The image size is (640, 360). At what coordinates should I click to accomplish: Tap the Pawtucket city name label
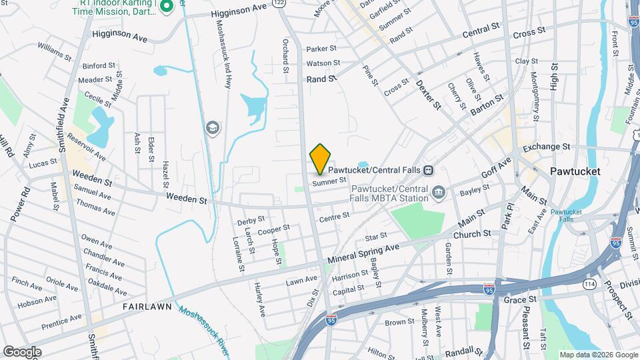575,171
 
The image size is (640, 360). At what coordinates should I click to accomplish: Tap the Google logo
22,351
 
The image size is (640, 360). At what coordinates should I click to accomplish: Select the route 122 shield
279,3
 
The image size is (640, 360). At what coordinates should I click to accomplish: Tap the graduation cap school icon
213,128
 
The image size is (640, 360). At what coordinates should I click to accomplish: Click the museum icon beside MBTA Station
439,193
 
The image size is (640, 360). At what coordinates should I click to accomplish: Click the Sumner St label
330,180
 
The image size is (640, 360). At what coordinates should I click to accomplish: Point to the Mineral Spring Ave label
364,254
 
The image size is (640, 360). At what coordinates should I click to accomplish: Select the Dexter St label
428,94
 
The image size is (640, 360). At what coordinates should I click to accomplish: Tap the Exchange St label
547,147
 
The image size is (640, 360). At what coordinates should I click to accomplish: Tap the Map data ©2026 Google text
598,355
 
